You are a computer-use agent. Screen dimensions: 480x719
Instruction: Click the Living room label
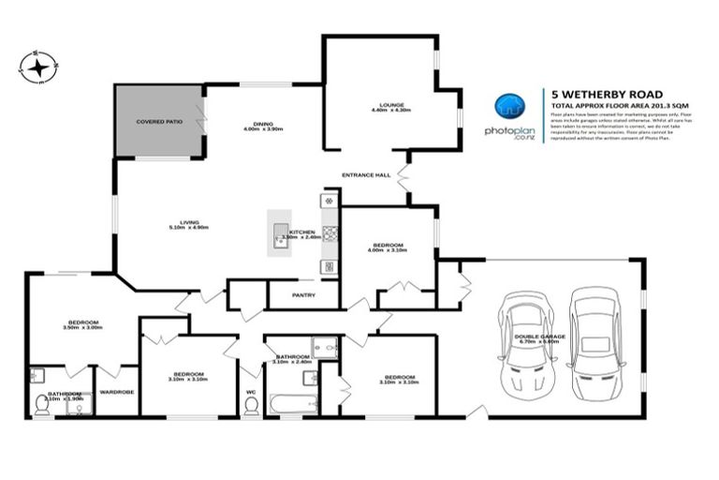[187, 224]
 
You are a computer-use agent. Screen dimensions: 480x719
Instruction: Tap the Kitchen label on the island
[301, 233]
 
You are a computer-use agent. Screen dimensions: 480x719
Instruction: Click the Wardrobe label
[116, 392]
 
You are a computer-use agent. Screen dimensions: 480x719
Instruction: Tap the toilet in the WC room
[250, 404]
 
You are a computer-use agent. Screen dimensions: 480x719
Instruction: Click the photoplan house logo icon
[507, 107]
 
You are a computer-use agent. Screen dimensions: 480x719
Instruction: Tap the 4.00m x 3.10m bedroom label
[388, 248]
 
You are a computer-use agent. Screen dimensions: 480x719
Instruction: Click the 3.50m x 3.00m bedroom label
[82, 325]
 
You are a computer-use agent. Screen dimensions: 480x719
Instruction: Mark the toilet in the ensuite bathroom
[42, 405]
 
